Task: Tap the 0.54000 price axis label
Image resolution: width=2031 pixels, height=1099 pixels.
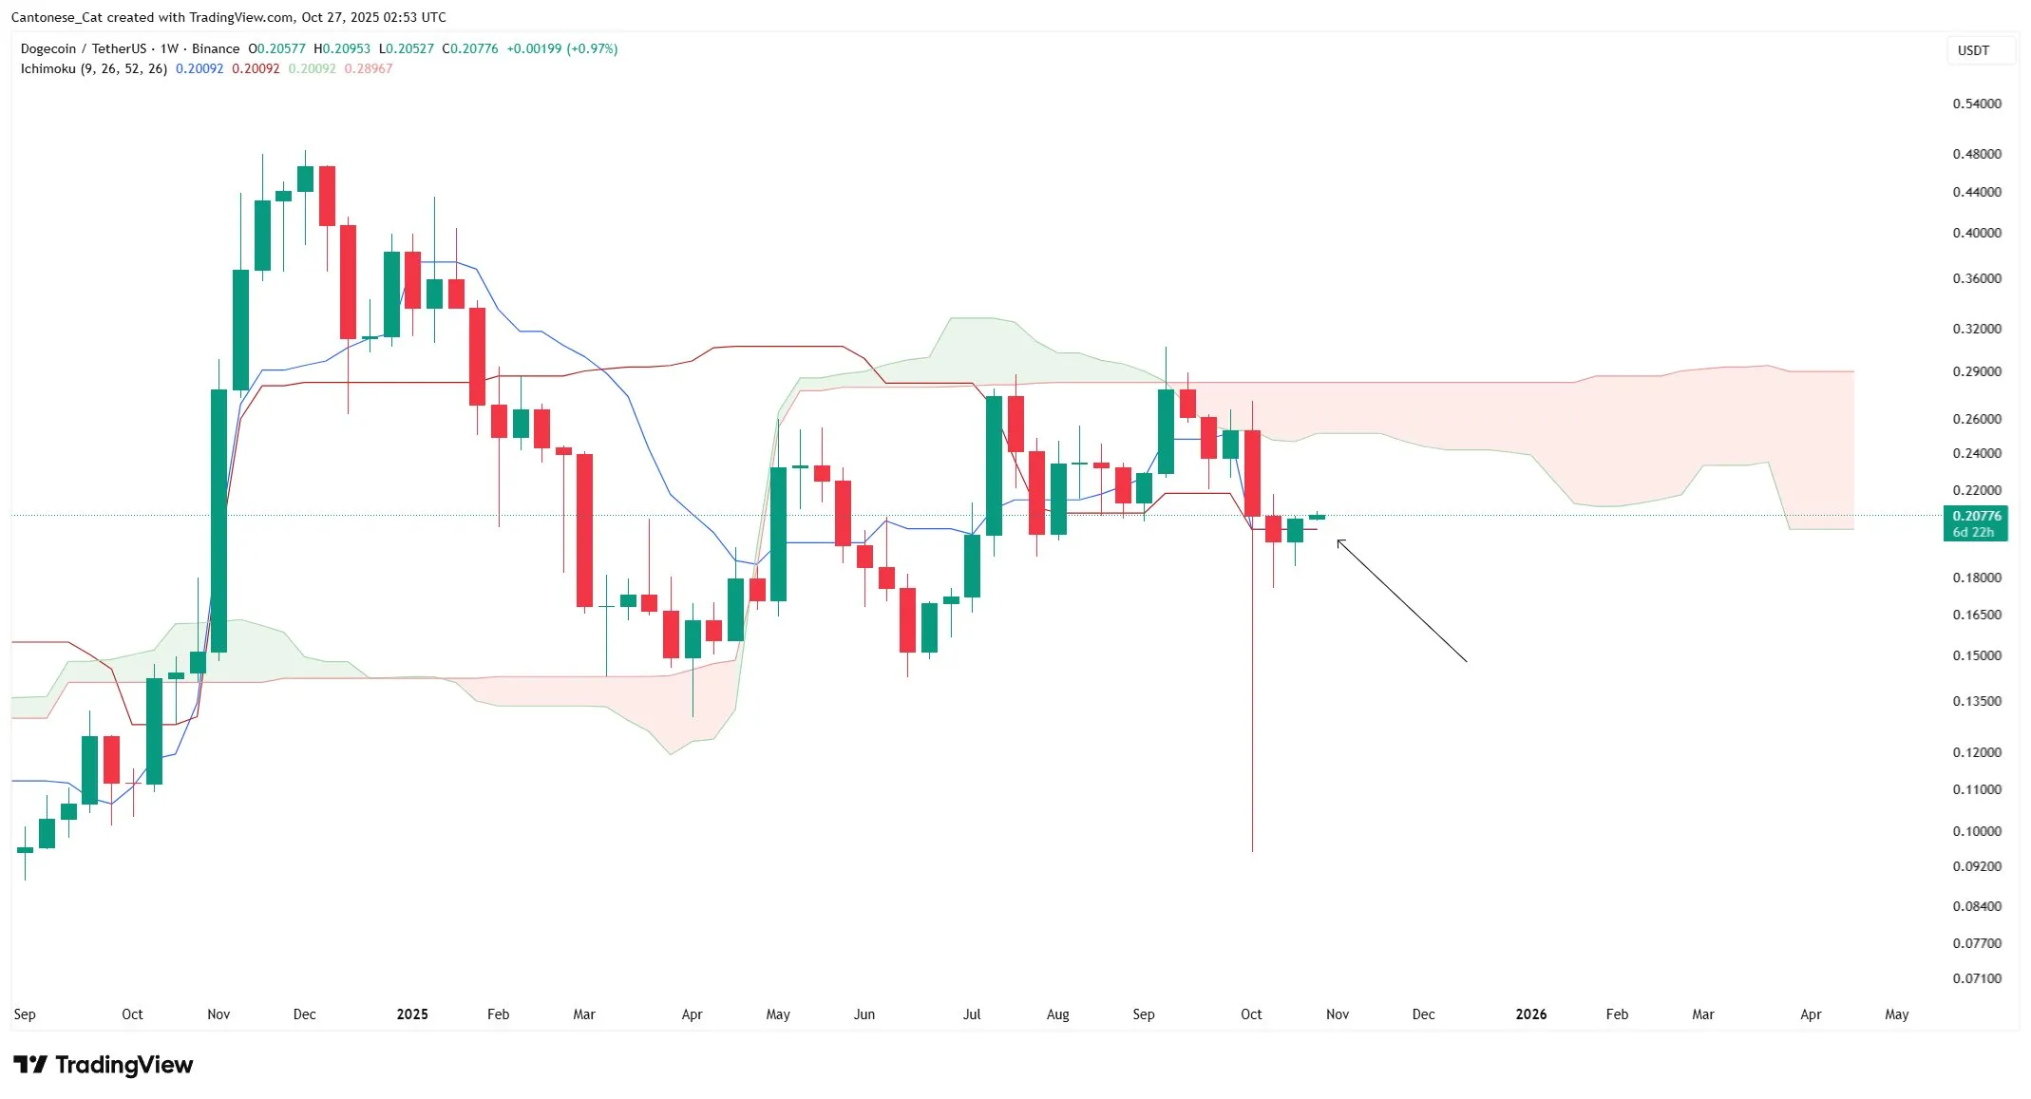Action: point(1976,104)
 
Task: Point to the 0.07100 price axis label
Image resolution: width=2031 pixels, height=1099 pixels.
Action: point(1976,978)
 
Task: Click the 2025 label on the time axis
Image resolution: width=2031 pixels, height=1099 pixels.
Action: point(412,1014)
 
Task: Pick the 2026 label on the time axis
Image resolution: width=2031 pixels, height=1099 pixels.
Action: point(1530,1014)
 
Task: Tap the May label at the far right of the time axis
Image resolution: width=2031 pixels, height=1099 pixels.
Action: point(1896,1014)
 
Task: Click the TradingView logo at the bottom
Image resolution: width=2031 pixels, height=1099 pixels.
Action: point(103,1065)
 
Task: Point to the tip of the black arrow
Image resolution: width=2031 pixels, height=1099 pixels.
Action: point(1338,540)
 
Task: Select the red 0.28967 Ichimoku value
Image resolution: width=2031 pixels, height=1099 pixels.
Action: point(368,68)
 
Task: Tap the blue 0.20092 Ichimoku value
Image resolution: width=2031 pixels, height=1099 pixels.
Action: point(199,68)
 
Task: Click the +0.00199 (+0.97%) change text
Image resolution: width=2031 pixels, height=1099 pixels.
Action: point(561,48)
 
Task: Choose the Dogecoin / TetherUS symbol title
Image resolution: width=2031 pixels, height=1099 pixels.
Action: point(84,48)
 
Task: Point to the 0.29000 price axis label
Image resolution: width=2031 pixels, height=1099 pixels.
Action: point(1976,371)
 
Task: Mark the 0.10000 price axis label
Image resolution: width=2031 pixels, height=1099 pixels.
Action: point(1976,831)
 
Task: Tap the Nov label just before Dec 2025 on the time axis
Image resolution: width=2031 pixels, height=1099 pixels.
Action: point(1337,1014)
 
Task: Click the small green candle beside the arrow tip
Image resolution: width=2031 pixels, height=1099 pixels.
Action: point(1317,517)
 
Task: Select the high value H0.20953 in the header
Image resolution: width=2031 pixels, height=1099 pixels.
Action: point(342,48)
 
